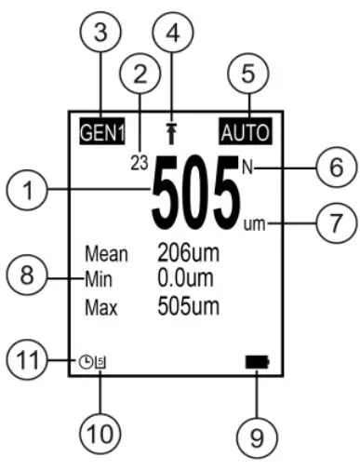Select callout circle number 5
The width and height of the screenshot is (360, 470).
(x=248, y=70)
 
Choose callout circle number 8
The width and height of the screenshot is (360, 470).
(x=29, y=278)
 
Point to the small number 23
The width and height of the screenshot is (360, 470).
(x=140, y=161)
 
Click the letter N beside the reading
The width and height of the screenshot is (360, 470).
(x=247, y=168)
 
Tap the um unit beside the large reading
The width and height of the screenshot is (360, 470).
(x=252, y=223)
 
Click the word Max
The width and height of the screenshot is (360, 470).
(x=100, y=305)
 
